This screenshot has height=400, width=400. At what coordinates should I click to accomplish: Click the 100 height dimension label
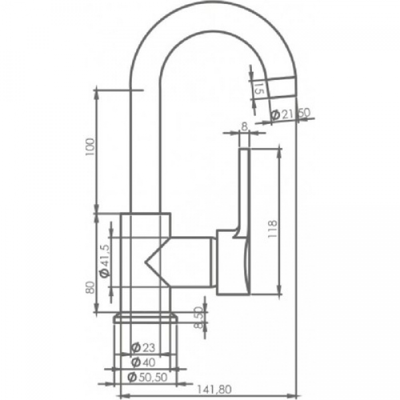90,147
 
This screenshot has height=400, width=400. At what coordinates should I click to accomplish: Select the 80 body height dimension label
90,287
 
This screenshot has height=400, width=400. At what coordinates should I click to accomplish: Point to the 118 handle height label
273,229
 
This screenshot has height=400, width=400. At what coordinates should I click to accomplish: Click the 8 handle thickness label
245,127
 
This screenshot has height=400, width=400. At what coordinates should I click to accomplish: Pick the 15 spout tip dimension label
259,89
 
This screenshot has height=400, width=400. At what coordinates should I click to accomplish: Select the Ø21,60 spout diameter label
290,114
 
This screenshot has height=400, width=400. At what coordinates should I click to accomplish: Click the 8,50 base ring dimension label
199,317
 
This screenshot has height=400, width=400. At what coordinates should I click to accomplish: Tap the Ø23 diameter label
143,347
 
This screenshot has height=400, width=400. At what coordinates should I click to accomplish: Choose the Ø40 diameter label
143,363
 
